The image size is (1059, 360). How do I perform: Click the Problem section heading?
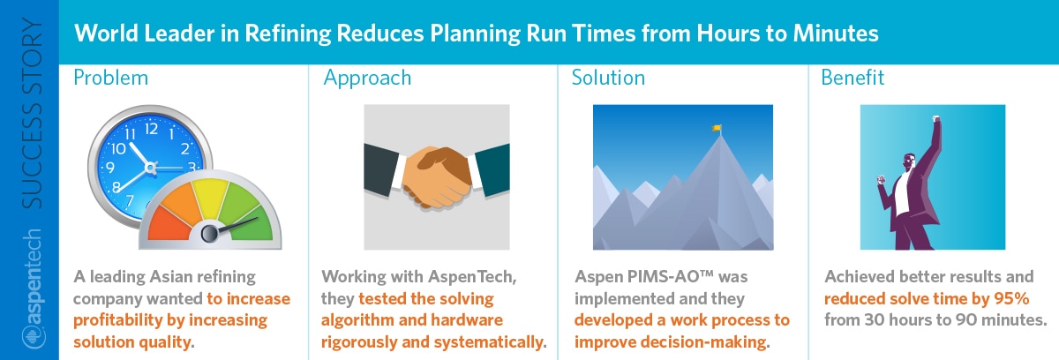[110, 78]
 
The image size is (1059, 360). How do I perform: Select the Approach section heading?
[367, 79]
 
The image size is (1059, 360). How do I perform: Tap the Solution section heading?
[608, 78]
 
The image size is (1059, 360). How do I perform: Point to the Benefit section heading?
[852, 78]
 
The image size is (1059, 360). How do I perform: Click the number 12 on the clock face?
[151, 129]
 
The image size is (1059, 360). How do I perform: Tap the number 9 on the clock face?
[110, 168]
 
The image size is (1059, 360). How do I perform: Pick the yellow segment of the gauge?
[210, 198]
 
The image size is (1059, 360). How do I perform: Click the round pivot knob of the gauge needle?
[209, 234]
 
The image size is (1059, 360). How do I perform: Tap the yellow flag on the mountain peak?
[717, 128]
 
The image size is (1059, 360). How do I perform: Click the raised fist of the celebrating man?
[935, 120]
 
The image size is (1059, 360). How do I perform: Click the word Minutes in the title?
[836, 34]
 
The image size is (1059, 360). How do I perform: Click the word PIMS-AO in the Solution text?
[671, 276]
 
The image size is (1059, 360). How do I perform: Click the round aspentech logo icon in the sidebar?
[34, 338]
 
